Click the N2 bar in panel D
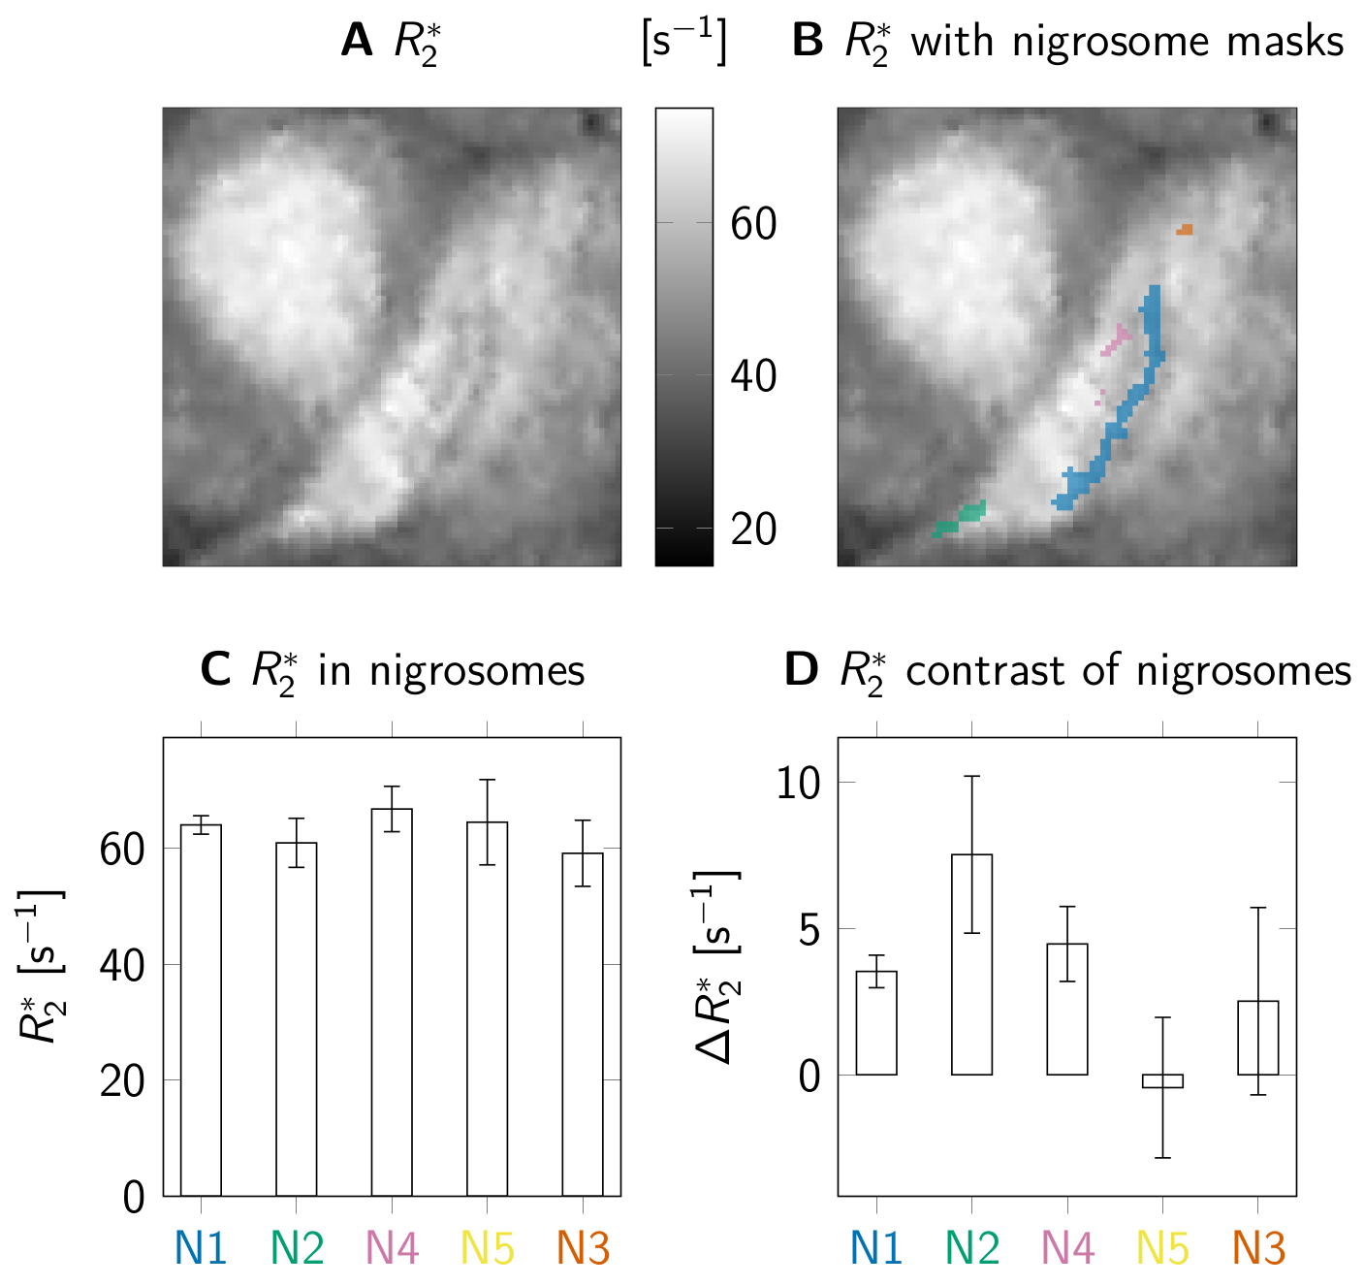971,964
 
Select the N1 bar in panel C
201,1009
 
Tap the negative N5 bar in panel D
1162,1081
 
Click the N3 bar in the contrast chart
1257,1038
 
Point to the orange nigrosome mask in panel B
1185,230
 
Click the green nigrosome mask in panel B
960,519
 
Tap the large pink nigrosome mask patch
1118,338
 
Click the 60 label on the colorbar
753,224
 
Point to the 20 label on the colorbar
753,530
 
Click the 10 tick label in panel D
798,783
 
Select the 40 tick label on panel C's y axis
123,965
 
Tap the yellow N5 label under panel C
488,1248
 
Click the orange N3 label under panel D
1258,1248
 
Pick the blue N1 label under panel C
201,1248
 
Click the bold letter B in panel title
807,42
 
